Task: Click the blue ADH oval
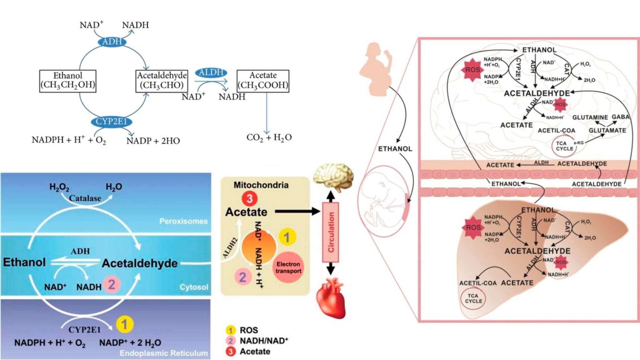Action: point(112,42)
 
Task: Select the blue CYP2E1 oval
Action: point(111,121)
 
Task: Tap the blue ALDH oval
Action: point(211,72)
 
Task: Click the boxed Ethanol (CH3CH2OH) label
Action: point(67,81)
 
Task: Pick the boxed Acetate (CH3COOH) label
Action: point(263,81)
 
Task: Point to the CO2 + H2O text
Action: point(269,137)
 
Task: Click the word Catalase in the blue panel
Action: point(85,198)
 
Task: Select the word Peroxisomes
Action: point(183,221)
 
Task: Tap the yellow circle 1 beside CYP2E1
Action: point(124,324)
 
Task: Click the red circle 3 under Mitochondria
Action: point(249,198)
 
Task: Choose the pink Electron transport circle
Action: point(288,267)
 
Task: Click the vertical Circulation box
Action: point(331,232)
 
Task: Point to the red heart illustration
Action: point(331,298)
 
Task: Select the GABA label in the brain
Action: point(620,117)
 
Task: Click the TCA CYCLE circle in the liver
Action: point(473,298)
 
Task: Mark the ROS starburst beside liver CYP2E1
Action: point(473,227)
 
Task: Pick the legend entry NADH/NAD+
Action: point(263,341)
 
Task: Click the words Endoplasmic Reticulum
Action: point(163,353)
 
